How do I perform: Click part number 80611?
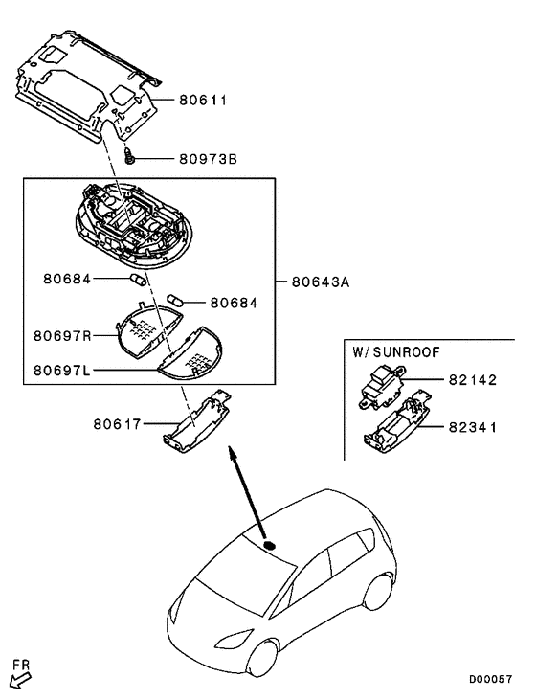pos(203,100)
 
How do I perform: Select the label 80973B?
pos(209,159)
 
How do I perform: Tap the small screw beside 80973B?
pos(129,156)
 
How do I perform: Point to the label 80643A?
pos(321,282)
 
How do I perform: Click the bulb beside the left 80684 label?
pos(138,280)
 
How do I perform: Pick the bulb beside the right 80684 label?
pos(174,300)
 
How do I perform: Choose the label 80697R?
pos(62,336)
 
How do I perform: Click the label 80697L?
pos(61,370)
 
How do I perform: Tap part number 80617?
pos(117,423)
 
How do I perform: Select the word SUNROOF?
pos(406,352)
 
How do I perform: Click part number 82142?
pos(473,380)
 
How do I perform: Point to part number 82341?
pos(473,427)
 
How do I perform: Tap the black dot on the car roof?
pos(270,545)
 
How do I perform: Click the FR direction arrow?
pos(21,681)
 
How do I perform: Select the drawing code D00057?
pos(490,680)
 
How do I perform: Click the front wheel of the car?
pos(263,660)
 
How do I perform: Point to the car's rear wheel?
pos(379,592)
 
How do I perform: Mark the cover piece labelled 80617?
pos(196,422)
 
